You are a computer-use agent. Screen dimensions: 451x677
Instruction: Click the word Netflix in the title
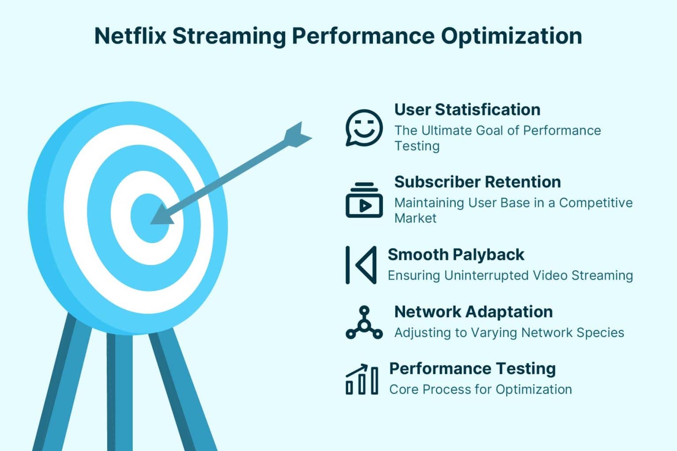coord(130,36)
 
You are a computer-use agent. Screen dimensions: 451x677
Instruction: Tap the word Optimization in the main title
coord(511,36)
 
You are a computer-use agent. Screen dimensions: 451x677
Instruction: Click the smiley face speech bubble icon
coord(364,128)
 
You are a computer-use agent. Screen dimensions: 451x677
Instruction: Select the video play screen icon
coord(364,200)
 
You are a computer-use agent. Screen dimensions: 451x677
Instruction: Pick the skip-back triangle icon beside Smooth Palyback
coord(361,265)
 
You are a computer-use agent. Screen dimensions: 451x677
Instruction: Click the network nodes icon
coord(364,323)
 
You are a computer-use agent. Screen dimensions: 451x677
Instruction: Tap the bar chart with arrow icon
coord(362,380)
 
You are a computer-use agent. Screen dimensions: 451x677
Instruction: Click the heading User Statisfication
coord(467,110)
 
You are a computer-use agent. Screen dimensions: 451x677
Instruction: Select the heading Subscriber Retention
coord(477,182)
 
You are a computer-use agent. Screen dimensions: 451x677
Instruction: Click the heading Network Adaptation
coord(473,312)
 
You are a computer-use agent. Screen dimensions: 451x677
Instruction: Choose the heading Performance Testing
coord(472,369)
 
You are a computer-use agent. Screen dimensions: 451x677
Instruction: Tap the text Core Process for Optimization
coord(480,389)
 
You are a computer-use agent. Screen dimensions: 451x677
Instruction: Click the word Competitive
coord(596,203)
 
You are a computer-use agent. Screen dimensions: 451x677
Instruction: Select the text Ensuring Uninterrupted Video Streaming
coord(510,276)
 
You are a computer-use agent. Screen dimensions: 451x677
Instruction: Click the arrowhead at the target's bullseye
coord(161,216)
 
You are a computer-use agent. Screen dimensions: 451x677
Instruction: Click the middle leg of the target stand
coord(119,388)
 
